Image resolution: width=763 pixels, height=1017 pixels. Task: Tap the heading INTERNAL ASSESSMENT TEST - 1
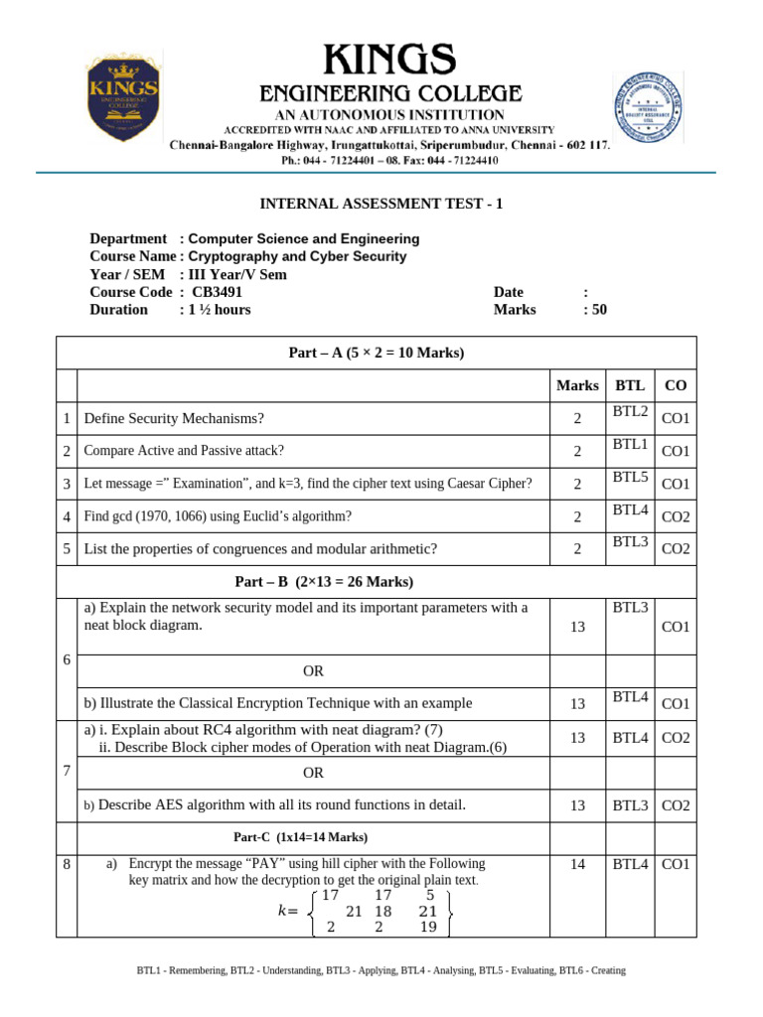tap(381, 204)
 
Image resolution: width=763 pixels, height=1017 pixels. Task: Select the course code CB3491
tap(217, 292)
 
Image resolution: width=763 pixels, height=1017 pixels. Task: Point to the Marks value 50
tap(595, 309)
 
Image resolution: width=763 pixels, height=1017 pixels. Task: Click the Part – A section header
tap(377, 353)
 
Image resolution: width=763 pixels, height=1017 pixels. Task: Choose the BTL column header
tap(630, 385)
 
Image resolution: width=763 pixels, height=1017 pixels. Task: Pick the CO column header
tap(675, 385)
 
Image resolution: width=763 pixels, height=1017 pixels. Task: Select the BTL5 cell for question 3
tap(630, 478)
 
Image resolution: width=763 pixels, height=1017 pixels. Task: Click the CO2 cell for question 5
tap(676, 549)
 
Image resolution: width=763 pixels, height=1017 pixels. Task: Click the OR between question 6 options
tap(314, 671)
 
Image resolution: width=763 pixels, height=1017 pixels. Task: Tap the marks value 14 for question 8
tap(577, 865)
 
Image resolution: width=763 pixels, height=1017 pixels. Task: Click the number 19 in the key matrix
tap(427, 928)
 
